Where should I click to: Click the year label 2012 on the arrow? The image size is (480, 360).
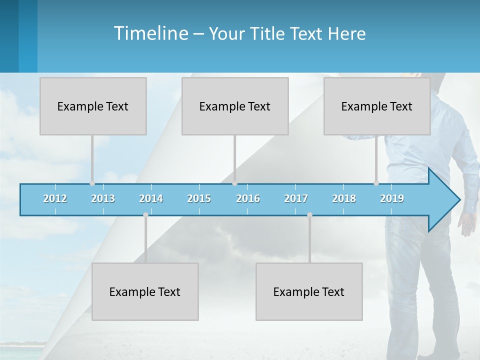tap(55, 198)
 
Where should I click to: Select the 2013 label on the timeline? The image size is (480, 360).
tap(103, 198)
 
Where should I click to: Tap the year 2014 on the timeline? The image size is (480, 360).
tap(151, 198)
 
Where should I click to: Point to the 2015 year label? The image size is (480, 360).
tap(199, 198)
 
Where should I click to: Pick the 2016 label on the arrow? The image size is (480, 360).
tap(248, 198)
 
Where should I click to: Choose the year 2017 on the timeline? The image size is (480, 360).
tap(296, 198)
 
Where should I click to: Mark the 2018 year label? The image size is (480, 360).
tap(344, 198)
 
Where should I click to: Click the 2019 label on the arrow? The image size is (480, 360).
tap(392, 198)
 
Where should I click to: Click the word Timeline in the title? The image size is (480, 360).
tap(150, 33)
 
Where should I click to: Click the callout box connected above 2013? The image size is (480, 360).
tap(93, 106)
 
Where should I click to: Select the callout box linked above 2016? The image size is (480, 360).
tap(235, 106)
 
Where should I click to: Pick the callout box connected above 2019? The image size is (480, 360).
tap(377, 106)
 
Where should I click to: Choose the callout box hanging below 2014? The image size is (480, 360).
tap(145, 291)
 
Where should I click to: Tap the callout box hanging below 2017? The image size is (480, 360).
tap(309, 291)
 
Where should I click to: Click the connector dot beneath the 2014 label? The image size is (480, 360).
tap(145, 215)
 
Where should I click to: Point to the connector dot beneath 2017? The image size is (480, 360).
tap(309, 215)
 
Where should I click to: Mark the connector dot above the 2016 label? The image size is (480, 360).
tap(234, 183)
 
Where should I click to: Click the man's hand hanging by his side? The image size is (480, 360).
tap(467, 223)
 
